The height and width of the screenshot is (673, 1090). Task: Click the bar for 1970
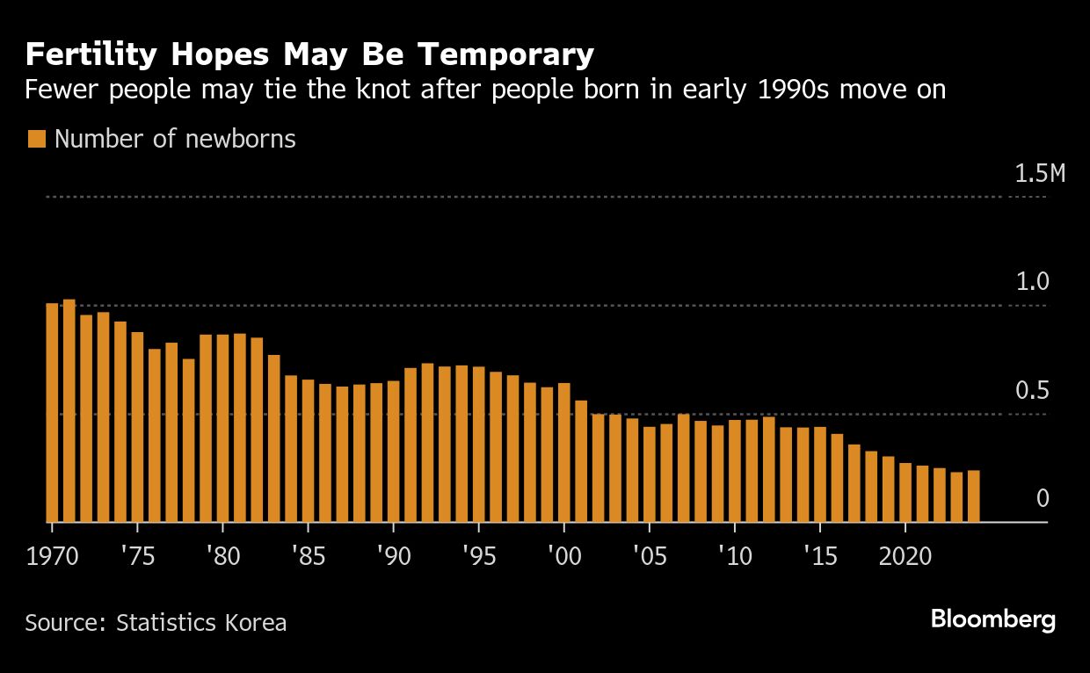point(52,413)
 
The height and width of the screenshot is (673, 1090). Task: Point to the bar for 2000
point(563,452)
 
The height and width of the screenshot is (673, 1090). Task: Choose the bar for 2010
point(734,471)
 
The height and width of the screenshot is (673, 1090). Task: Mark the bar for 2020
point(905,492)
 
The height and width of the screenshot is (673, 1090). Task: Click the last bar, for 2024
point(973,496)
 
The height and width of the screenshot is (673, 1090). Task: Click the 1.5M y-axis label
point(1040,173)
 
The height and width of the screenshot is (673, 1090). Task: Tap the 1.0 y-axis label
point(1033,282)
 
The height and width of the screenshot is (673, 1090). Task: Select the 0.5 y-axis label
point(1033,391)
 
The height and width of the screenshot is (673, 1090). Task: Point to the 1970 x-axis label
point(52,557)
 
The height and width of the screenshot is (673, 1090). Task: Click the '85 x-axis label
point(308,557)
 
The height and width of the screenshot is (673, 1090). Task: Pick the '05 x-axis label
point(649,557)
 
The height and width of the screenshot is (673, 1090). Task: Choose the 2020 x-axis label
point(905,557)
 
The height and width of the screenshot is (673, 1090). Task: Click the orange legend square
point(36,140)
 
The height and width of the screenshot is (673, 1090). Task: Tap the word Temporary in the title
point(506,55)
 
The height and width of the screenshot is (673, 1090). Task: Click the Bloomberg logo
point(993,620)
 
